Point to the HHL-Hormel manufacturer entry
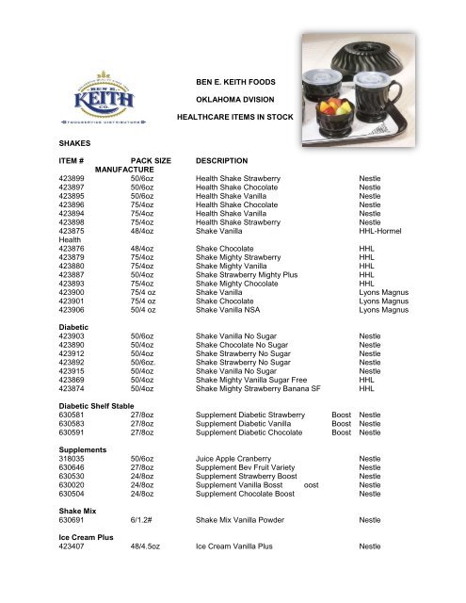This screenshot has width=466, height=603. pyautogui.click(x=388, y=231)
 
